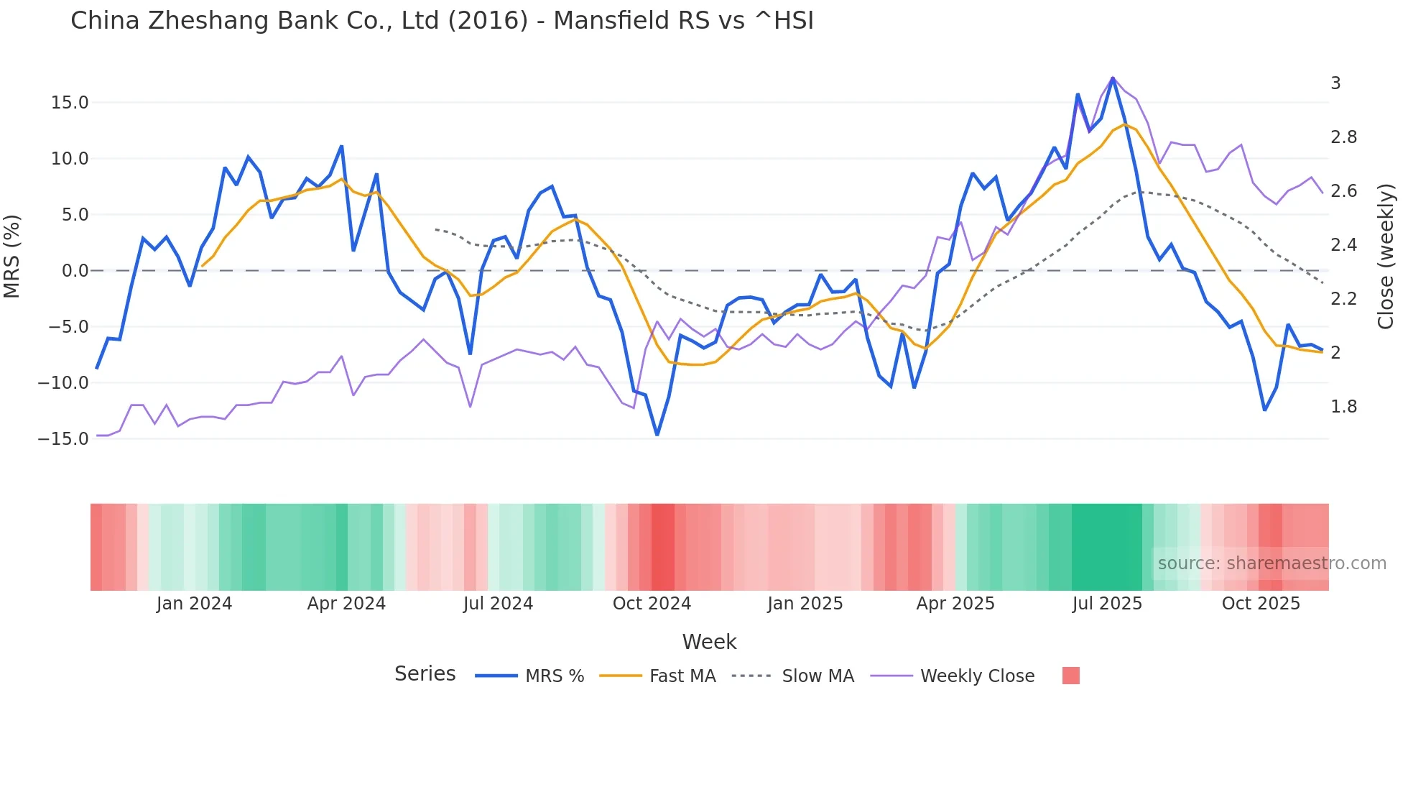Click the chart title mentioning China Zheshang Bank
click(442, 21)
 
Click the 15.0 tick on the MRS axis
click(70, 103)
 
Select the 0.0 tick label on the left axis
click(75, 271)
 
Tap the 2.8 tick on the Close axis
click(1343, 137)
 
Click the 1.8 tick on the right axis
click(1343, 407)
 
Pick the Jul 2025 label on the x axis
click(1107, 604)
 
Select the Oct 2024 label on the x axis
click(652, 604)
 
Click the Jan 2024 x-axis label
click(194, 604)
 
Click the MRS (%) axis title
click(12, 257)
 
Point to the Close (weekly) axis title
click(1386, 257)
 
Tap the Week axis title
click(709, 642)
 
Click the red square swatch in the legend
click(1070, 676)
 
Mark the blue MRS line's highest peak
click(1113, 78)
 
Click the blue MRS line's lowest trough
click(657, 435)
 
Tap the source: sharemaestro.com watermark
click(1272, 563)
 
